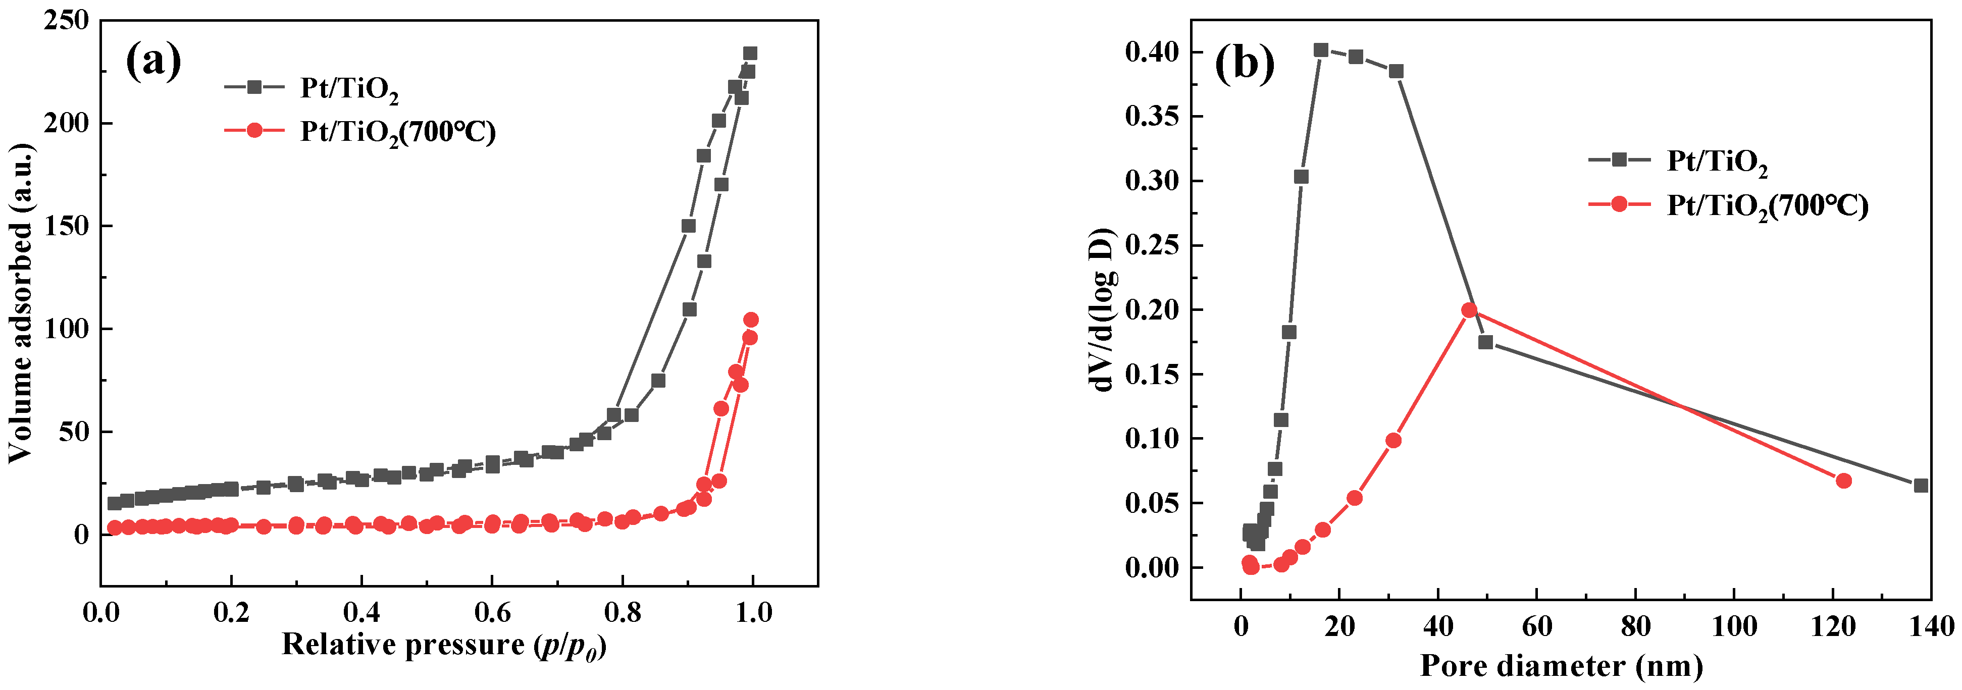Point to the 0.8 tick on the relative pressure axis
pos(622,612)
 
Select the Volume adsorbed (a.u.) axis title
pos(21,303)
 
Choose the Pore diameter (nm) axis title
pos(1562,666)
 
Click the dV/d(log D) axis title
pos(1102,310)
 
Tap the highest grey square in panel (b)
pos(1321,50)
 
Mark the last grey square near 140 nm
pos(1921,485)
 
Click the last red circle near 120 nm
pos(1844,481)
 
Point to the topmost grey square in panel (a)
pos(750,54)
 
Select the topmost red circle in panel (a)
pos(751,320)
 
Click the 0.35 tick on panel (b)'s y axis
pos(1152,117)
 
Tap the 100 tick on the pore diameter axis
pos(1734,626)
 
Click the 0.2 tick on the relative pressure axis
pos(231,612)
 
